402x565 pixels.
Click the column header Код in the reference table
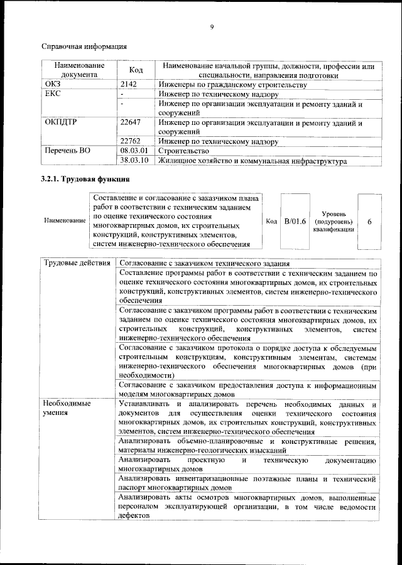136,70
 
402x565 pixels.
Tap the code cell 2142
129,84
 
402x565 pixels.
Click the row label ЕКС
53,94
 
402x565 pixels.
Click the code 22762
131,141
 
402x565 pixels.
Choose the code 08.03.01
133,151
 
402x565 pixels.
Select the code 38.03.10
133,161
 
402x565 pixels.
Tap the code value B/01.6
295,222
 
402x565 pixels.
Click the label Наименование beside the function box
65,222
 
